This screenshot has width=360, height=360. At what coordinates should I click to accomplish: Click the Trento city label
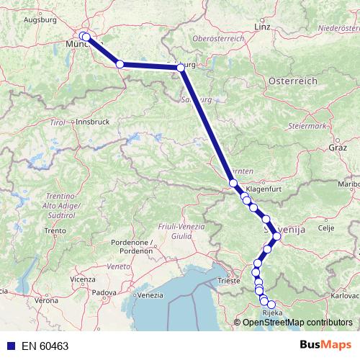pos(55,230)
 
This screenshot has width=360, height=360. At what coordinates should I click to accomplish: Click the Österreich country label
pos(292,82)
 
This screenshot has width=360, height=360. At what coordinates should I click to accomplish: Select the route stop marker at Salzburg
pos(181,67)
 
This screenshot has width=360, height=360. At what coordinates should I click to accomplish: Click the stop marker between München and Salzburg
pos(120,64)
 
